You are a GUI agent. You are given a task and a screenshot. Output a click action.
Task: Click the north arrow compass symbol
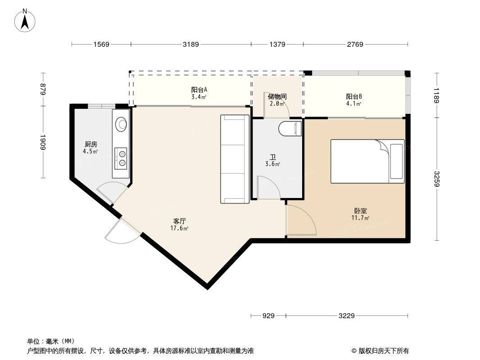click(x=25, y=20)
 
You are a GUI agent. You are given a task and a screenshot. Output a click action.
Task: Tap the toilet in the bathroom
click(x=290, y=128)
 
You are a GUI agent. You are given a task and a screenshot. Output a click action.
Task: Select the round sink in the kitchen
click(x=121, y=124)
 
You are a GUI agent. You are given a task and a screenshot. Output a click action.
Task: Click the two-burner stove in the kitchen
click(x=121, y=158)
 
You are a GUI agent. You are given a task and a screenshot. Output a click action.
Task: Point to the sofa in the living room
click(x=235, y=159)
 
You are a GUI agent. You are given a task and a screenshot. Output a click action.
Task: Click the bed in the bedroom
click(x=367, y=161)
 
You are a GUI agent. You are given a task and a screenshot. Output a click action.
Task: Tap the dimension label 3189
click(x=191, y=45)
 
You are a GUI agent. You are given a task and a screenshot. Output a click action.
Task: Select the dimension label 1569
click(x=101, y=45)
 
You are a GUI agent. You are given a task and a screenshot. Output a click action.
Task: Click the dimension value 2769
click(x=355, y=45)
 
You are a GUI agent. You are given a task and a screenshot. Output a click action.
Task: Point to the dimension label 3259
click(x=436, y=179)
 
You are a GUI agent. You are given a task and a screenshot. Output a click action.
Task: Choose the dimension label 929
click(x=268, y=315)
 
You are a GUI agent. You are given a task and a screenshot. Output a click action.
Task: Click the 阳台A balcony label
click(x=199, y=90)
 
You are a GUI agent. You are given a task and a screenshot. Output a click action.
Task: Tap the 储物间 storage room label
click(x=277, y=97)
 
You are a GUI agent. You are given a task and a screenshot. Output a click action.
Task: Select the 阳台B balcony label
click(x=354, y=97)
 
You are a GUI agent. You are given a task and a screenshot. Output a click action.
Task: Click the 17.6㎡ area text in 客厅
click(x=179, y=228)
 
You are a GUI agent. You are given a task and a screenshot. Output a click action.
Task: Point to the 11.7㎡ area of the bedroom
click(x=360, y=218)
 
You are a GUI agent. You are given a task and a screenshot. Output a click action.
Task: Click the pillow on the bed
click(x=397, y=161)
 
